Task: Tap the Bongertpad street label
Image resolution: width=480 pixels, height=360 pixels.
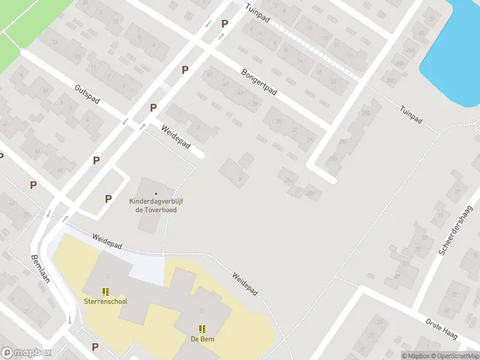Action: (x=259, y=82)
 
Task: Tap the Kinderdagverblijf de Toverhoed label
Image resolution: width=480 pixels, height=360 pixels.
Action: (x=157, y=205)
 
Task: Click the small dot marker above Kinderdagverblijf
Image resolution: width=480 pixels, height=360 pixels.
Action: (x=157, y=193)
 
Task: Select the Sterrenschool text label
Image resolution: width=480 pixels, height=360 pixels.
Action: (x=106, y=301)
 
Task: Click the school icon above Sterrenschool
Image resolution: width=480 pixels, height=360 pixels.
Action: (x=106, y=292)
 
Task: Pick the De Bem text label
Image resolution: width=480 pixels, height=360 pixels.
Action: (x=203, y=338)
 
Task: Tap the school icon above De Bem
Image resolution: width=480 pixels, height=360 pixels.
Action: (x=203, y=328)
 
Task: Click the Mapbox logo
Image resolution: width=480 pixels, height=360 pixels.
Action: (x=26, y=352)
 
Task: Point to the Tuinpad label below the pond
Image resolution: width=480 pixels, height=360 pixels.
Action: (x=410, y=114)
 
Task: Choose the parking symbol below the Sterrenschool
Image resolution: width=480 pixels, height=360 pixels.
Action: (x=95, y=347)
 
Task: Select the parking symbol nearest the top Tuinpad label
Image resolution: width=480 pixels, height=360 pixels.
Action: (x=224, y=23)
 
